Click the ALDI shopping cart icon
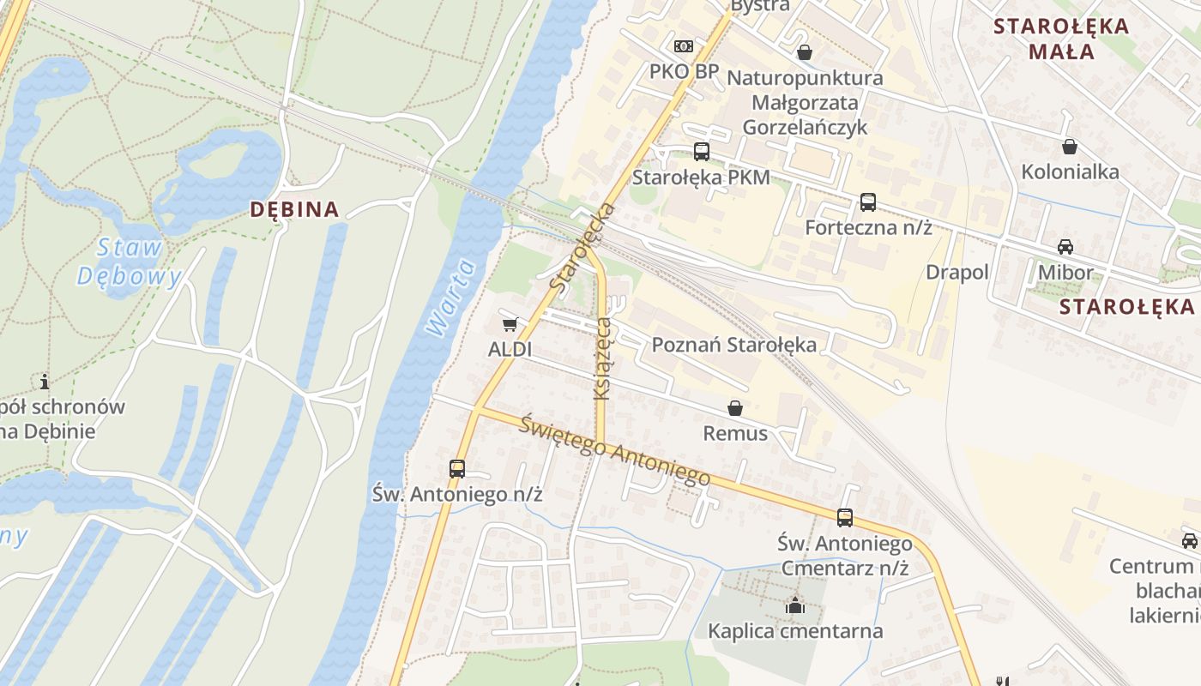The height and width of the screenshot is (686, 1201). [x=510, y=324]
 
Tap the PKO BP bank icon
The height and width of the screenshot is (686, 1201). [x=684, y=45]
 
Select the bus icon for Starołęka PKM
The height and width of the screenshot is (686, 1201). [x=702, y=152]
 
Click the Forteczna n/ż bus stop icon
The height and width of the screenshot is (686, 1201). [x=868, y=202]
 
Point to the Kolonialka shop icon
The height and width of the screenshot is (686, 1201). [x=1070, y=147]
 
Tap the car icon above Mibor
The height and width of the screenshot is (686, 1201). [x=1065, y=247]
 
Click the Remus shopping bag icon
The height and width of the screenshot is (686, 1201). [x=735, y=408]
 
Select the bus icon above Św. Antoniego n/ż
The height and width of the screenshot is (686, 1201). [x=457, y=469]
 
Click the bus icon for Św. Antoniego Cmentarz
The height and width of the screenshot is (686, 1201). [x=845, y=517]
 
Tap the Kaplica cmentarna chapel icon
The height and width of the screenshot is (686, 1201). [x=795, y=605]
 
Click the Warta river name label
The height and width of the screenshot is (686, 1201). [x=452, y=298]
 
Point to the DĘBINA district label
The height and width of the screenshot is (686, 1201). [x=294, y=209]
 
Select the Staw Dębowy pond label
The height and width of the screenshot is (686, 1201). [x=130, y=262]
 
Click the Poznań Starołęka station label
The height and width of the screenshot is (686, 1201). [x=734, y=345]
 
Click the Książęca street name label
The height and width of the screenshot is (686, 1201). [x=603, y=358]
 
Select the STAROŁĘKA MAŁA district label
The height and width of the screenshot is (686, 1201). [x=1061, y=39]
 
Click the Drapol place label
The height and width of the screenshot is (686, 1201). [x=957, y=272]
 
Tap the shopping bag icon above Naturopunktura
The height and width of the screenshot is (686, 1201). [x=805, y=52]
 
